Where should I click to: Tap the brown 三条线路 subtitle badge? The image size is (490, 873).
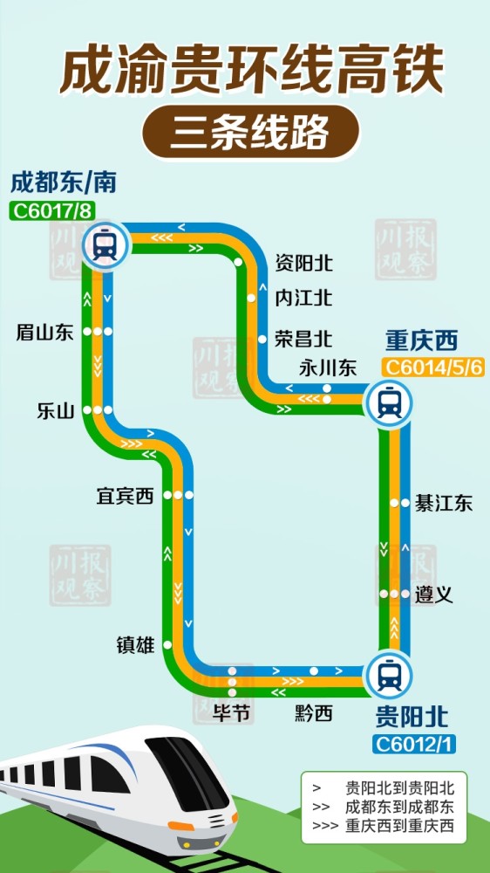(250, 133)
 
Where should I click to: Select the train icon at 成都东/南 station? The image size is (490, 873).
(105, 244)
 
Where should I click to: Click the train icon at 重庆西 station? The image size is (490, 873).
(389, 402)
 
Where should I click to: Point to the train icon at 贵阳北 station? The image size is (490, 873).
(389, 676)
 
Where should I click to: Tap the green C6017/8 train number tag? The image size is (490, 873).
(51, 210)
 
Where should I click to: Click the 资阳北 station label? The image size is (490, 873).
(303, 262)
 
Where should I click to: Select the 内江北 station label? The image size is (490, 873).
(303, 298)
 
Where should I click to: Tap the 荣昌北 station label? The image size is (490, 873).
(303, 337)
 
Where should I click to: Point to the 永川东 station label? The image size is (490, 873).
(328, 368)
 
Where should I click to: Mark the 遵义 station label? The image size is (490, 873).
(434, 595)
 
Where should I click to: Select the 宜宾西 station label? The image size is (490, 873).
(125, 496)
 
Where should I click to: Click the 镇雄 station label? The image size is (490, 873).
(135, 645)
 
